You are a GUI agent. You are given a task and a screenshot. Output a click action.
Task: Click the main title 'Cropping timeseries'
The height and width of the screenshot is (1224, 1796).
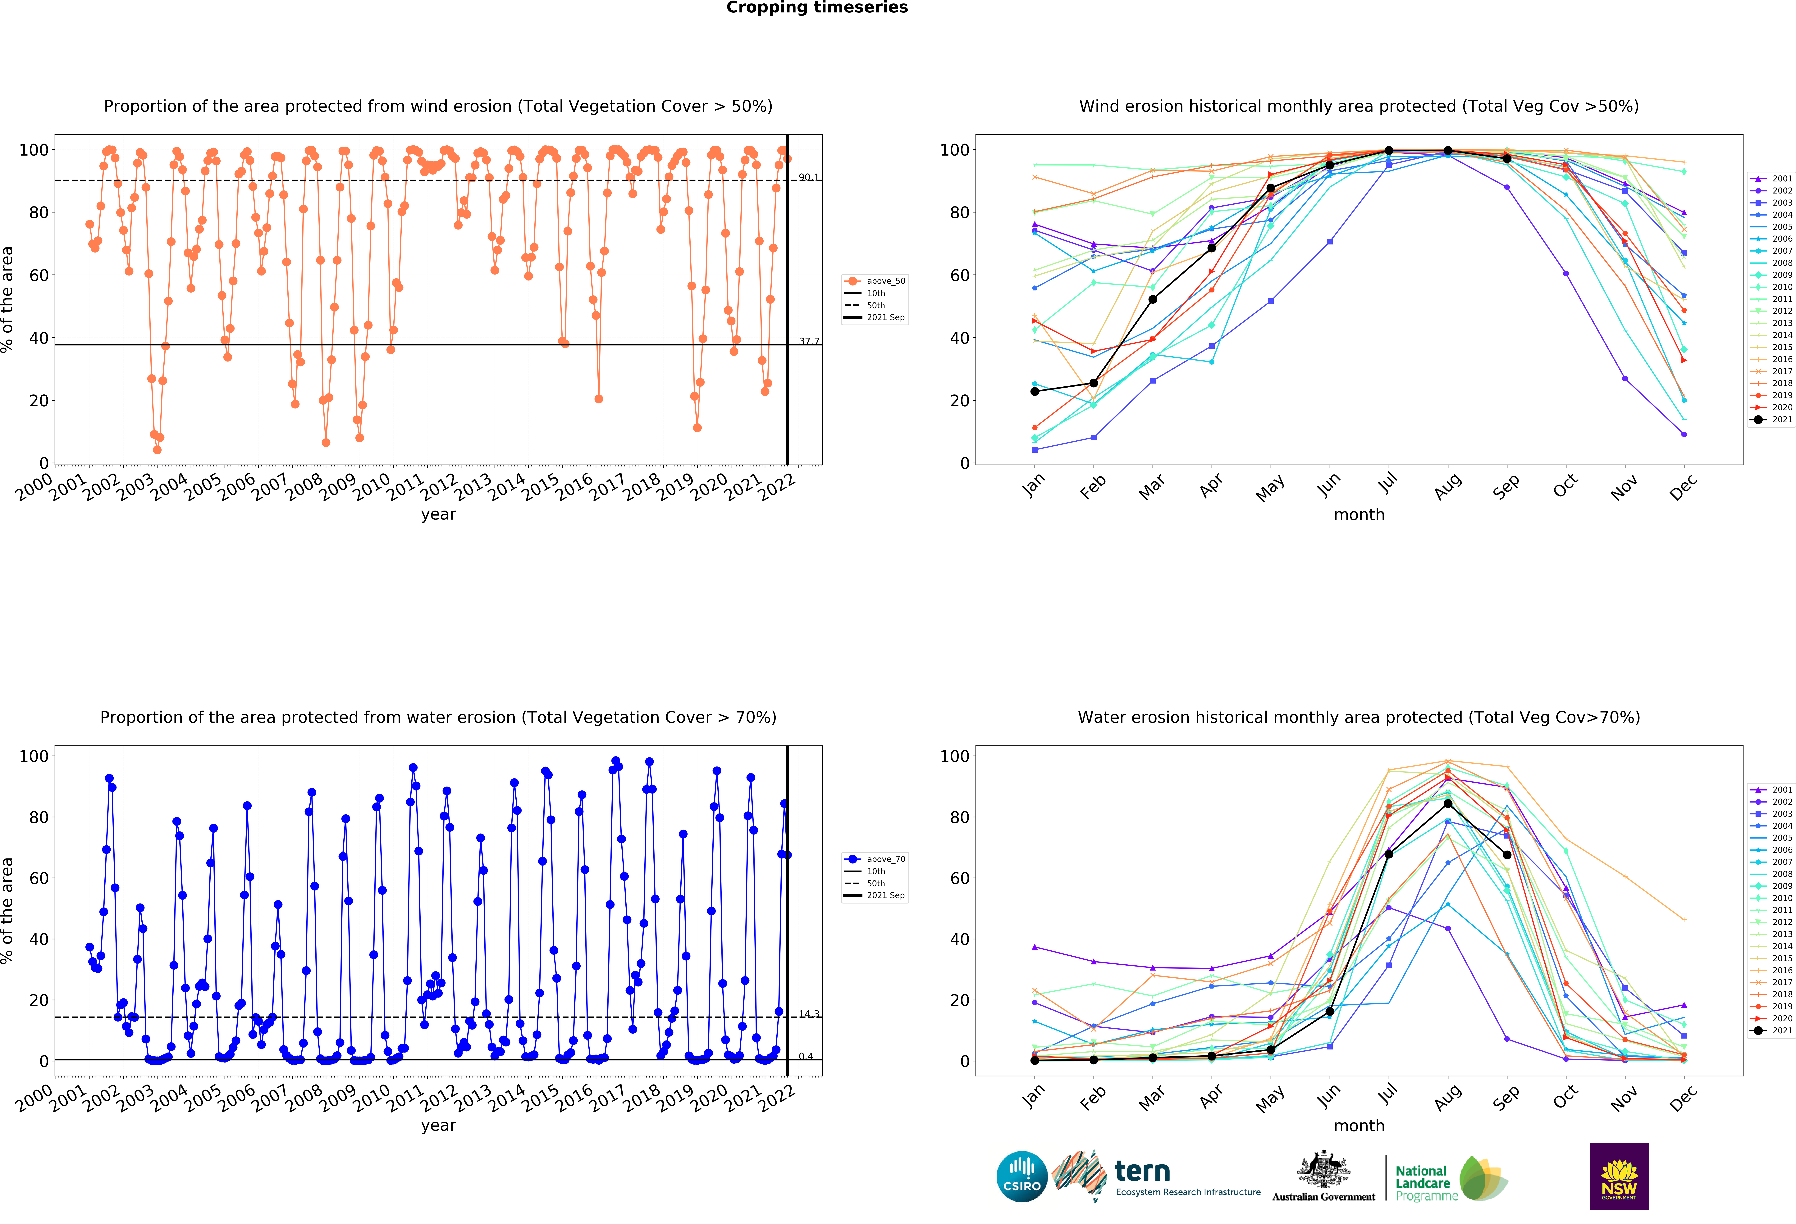coord(817,8)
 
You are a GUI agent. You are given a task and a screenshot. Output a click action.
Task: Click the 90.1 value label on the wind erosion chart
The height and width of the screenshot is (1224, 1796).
coord(808,178)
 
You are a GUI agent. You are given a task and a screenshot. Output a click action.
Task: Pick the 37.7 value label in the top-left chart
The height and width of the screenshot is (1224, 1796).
coord(808,342)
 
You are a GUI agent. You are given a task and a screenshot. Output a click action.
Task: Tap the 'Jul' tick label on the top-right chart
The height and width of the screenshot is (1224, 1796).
coord(1388,484)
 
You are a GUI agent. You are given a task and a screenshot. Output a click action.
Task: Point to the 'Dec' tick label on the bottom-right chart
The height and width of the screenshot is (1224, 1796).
coord(1683,1097)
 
